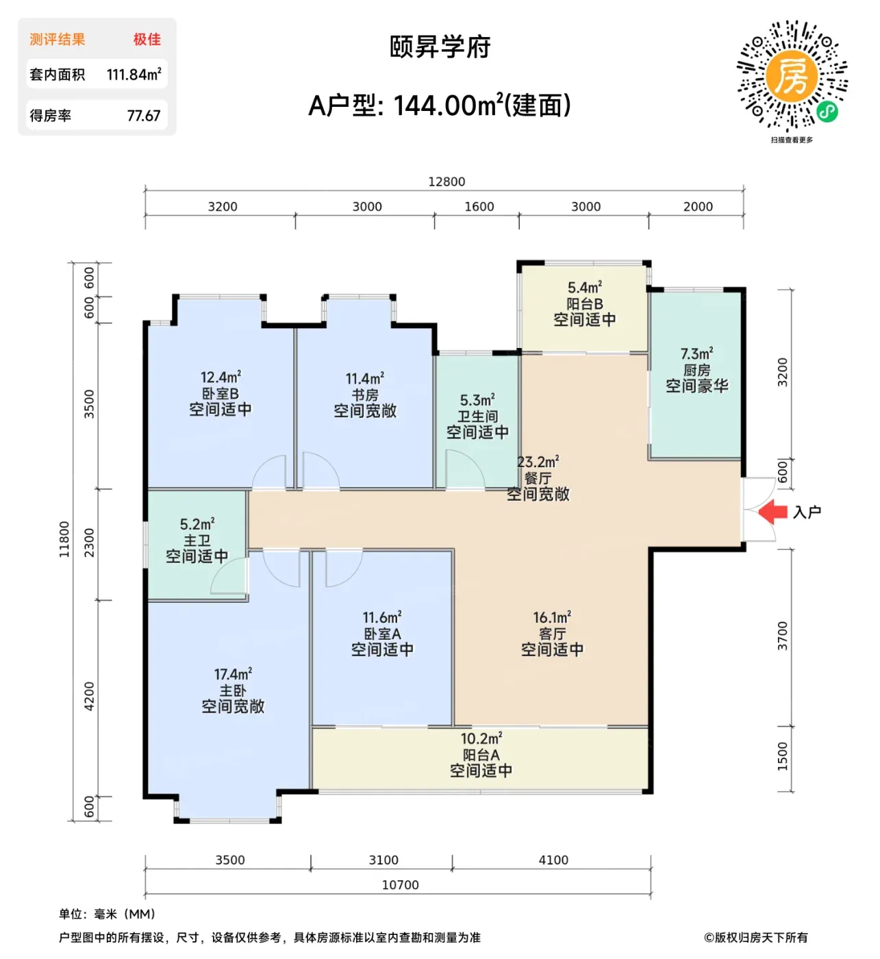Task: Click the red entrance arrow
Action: coord(772,512)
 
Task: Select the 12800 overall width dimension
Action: coord(447,182)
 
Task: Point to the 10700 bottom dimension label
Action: coord(400,885)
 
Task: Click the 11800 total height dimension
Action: coord(64,539)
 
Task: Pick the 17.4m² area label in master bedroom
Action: coord(233,674)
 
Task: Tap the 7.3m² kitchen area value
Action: coord(696,353)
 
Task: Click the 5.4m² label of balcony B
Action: coord(585,287)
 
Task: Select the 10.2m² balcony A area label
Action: coord(481,738)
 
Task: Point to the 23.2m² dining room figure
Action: coord(538,462)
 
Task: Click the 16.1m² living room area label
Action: coord(552,617)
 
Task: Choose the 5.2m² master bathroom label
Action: coord(197,524)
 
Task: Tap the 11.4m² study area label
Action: coord(365,379)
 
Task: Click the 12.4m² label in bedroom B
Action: coord(221,377)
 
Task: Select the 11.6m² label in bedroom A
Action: coord(382,617)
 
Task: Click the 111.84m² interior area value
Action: coord(134,74)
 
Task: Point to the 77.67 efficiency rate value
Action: coord(143,116)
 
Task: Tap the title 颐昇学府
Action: coord(440,47)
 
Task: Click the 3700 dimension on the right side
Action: coord(782,636)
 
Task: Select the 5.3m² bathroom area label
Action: coord(477,399)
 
